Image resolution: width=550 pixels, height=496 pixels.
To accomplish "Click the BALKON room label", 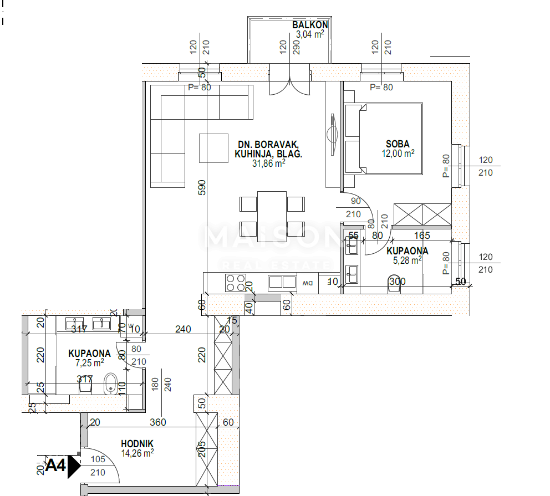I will [310, 25].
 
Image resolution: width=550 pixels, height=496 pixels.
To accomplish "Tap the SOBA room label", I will [398, 144].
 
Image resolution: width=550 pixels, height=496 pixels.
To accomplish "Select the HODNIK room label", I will [137, 443].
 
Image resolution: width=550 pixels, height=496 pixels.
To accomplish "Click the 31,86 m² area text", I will [268, 163].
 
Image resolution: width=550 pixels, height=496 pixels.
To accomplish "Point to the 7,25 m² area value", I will [89, 363].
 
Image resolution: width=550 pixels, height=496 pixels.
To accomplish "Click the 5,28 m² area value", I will [407, 260].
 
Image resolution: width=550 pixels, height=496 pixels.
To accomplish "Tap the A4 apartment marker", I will [55, 466].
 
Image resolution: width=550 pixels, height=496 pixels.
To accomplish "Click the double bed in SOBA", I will [384, 139].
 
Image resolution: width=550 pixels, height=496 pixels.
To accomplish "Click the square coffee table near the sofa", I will [213, 148].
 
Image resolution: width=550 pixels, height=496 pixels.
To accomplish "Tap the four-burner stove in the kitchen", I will [235, 283].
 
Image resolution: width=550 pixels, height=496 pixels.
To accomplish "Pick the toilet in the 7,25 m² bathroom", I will [110, 383].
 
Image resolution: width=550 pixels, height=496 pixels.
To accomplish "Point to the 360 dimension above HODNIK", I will [158, 422].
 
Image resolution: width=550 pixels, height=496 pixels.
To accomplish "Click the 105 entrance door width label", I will [98, 459].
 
